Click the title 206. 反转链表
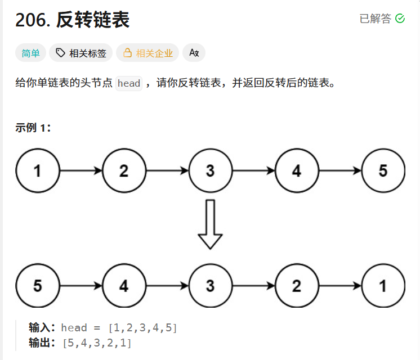click(x=73, y=20)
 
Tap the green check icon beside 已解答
click(x=400, y=19)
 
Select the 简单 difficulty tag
click(x=30, y=53)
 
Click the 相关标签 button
click(x=81, y=53)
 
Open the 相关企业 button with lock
click(x=148, y=53)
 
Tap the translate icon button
click(x=194, y=53)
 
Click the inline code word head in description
click(x=129, y=83)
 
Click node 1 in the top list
click(x=37, y=171)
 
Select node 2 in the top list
click(x=124, y=171)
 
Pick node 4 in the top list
click(x=297, y=171)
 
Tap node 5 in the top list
click(x=383, y=171)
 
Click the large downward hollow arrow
click(x=211, y=224)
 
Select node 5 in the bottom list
click(x=37, y=286)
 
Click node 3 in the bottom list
click(x=211, y=286)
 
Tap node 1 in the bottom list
click(x=383, y=286)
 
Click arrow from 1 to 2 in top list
click(x=81, y=171)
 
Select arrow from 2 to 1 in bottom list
click(x=339, y=286)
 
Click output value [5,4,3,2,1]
click(x=97, y=343)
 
